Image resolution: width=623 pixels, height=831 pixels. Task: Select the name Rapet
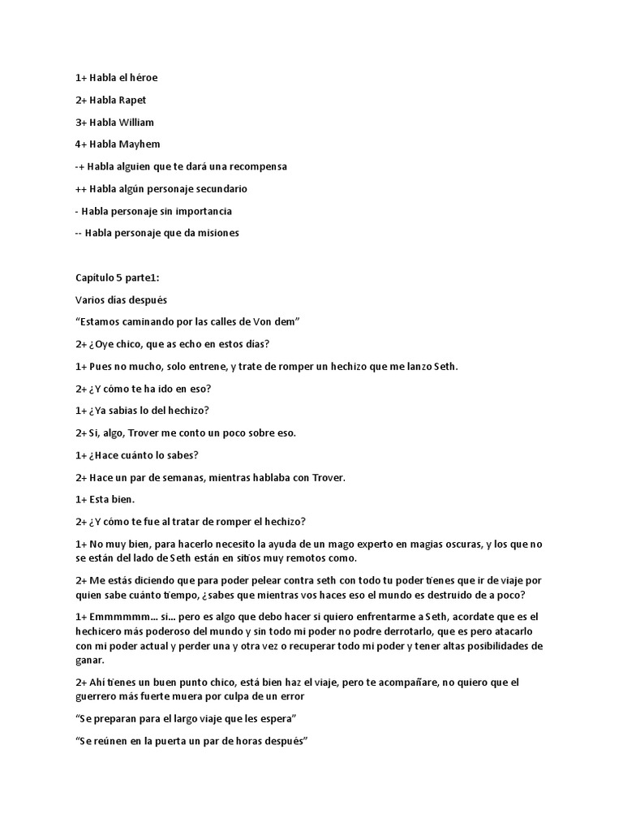(131, 100)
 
